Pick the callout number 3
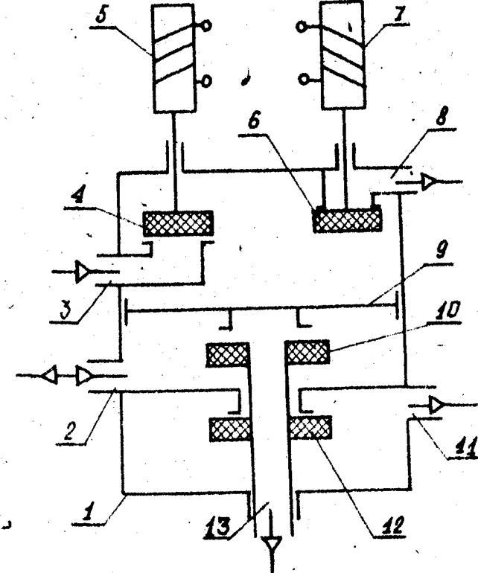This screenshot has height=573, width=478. click(65, 311)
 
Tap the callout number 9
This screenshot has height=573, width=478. click(442, 250)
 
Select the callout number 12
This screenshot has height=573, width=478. click(392, 525)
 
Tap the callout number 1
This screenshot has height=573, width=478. click(87, 513)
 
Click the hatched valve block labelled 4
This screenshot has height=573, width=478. click(178, 223)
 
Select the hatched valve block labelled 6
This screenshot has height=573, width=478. click(348, 220)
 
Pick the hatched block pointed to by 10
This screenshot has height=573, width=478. click(307, 352)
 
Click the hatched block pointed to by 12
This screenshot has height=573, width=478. click(310, 428)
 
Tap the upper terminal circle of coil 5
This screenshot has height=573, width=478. click(207, 25)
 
